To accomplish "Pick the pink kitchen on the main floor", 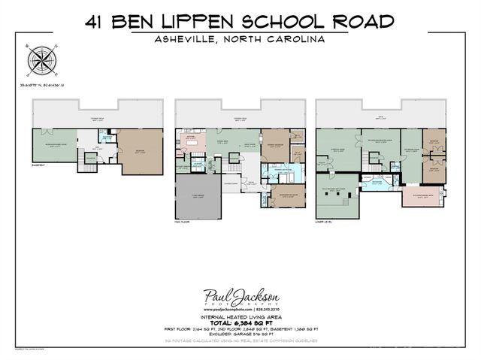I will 191,141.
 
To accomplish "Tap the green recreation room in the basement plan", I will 55,143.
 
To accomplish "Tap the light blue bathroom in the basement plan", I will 107,138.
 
